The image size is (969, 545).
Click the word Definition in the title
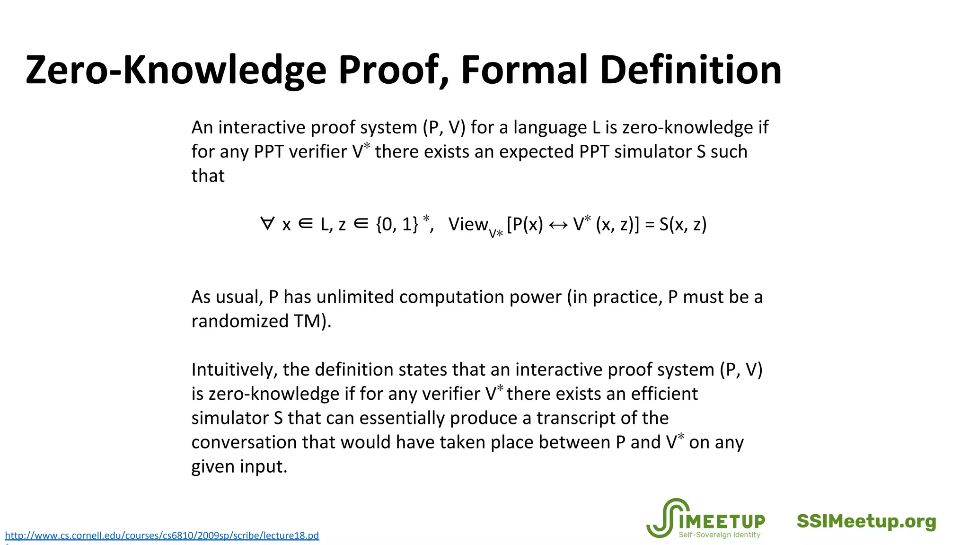click(x=690, y=70)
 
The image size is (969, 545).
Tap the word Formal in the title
click(x=524, y=70)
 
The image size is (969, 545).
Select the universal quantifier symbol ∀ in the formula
click(x=267, y=224)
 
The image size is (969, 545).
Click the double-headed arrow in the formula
click(x=558, y=225)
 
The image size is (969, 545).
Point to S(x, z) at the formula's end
click(x=683, y=224)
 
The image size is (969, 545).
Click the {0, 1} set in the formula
click(x=397, y=224)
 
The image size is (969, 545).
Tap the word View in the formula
click(x=468, y=224)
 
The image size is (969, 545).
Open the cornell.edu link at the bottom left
click(x=162, y=536)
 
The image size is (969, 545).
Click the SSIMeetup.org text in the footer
click(x=866, y=521)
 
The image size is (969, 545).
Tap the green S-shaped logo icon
click(x=662, y=518)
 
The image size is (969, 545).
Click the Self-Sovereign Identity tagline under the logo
click(x=719, y=535)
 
